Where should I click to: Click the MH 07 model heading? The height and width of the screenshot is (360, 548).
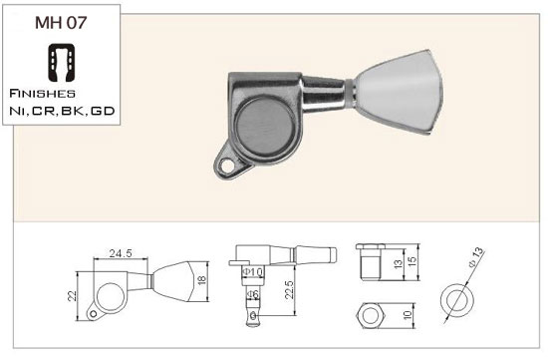61,22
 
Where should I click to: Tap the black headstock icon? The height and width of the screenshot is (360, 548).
61,63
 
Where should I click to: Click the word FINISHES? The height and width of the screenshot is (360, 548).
42,94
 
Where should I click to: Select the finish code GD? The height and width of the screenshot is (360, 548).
103,111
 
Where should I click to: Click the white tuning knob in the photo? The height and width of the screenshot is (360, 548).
399,92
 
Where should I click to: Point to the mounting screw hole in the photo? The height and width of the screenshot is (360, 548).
227,167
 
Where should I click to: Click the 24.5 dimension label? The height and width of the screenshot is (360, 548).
121,253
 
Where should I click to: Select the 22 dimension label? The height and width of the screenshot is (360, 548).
72,296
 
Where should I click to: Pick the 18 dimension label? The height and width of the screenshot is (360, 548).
202,280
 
